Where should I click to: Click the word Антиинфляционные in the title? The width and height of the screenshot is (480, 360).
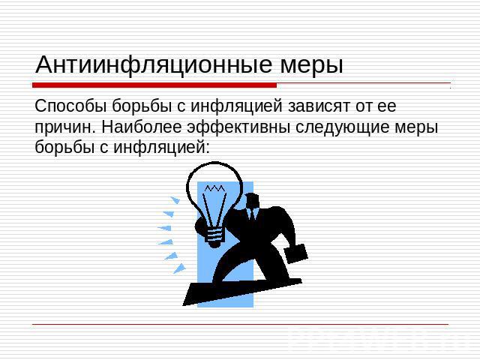coord(154,65)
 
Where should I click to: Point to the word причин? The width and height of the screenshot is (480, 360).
coord(63,128)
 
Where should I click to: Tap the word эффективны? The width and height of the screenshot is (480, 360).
coord(238,127)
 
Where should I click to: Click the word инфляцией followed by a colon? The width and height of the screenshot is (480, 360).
coord(162,148)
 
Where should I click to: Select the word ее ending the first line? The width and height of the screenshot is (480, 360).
coord(387,106)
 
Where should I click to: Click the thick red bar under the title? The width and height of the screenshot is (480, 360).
coord(154,85)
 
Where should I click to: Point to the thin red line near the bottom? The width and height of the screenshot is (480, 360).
coord(240,324)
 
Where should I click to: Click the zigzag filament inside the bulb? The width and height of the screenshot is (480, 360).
coord(215,187)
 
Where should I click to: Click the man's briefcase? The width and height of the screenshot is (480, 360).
coord(296,253)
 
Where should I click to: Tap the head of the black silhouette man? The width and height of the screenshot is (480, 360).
coord(252,200)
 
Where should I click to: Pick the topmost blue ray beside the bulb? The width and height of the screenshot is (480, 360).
coord(175,200)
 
